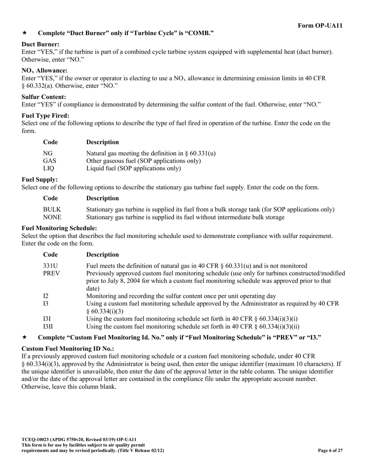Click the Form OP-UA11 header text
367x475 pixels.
[320, 25]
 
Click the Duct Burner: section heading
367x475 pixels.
[41, 44]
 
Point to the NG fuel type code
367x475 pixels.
[48, 153]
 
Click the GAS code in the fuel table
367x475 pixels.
[49, 161]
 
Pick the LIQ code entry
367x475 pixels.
[49, 168]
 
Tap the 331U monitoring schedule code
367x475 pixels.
[50, 266]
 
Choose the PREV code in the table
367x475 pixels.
[51, 273]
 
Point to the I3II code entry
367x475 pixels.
[48, 327]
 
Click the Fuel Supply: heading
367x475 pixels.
[40, 180]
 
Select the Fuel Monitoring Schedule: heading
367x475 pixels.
[59, 228]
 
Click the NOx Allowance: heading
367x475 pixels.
[44, 71]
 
